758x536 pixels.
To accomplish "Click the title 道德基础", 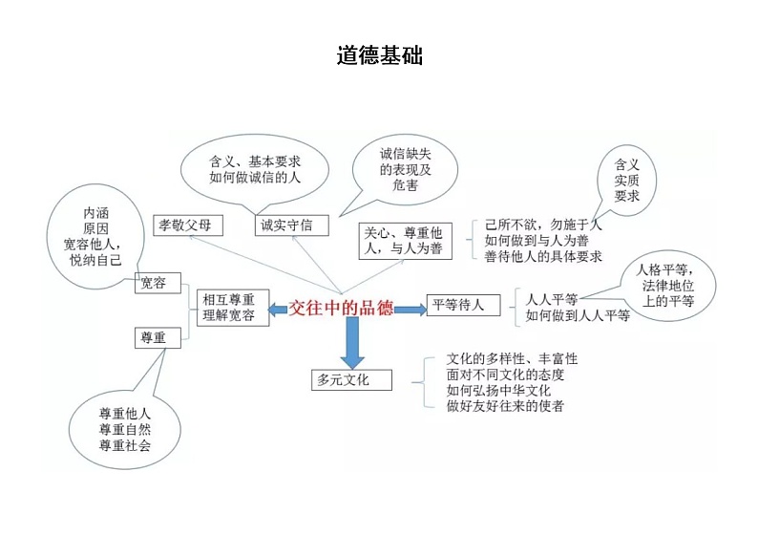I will [x=379, y=56].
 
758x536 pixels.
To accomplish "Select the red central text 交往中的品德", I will [x=344, y=307].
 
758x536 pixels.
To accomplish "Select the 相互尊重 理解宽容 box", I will [x=229, y=308].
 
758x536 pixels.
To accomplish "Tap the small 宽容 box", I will [x=157, y=283].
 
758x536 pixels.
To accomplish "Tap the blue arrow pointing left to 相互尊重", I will [x=277, y=308].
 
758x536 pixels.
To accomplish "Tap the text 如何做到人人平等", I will [x=578, y=315].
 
